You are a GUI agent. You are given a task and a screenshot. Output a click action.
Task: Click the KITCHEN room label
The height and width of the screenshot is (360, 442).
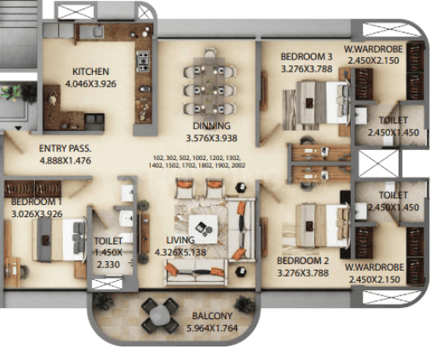pyautogui.click(x=90, y=71)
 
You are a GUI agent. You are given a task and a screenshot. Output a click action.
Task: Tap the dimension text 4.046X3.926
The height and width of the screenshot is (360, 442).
pyautogui.click(x=90, y=83)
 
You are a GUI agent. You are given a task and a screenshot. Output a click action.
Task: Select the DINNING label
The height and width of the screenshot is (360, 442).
pyautogui.click(x=211, y=126)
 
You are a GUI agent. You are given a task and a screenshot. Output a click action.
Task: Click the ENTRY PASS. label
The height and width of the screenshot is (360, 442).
pyautogui.click(x=66, y=148)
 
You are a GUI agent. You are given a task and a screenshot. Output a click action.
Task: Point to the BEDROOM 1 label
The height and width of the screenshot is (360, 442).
pyautogui.click(x=37, y=202)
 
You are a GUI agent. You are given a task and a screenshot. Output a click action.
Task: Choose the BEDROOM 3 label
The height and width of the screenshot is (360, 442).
pyautogui.click(x=307, y=57)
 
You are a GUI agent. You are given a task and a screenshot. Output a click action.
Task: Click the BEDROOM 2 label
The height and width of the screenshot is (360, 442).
pyautogui.click(x=303, y=260)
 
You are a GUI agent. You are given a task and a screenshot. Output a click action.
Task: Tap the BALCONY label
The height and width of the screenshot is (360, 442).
pyautogui.click(x=212, y=316)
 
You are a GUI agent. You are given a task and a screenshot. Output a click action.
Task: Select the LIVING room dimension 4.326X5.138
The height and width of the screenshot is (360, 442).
pyautogui.click(x=181, y=252)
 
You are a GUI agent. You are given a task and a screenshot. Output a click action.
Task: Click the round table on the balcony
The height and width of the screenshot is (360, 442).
pyautogui.click(x=160, y=316)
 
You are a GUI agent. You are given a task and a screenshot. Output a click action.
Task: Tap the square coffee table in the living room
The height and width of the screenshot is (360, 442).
pyautogui.click(x=203, y=229)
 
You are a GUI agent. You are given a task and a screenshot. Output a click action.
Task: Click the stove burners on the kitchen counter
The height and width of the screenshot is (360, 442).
pyautogui.click(x=143, y=61)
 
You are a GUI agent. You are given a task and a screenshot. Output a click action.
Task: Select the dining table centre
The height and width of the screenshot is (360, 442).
pyautogui.click(x=209, y=87)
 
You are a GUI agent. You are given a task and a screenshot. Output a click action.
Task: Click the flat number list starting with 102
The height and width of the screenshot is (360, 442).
pyautogui.click(x=197, y=162)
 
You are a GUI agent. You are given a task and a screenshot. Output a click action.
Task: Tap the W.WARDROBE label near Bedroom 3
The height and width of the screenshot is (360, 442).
pyautogui.click(x=373, y=49)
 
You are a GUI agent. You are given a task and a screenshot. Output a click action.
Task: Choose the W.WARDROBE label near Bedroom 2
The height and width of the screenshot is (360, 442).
pyautogui.click(x=374, y=267)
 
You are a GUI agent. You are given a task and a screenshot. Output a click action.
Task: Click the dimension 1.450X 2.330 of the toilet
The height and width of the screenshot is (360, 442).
pyautogui.click(x=108, y=253)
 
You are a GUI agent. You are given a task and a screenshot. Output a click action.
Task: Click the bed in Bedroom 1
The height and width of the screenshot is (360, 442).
pyautogui.click(x=59, y=239)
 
